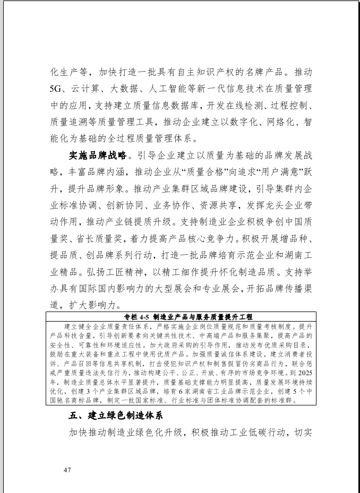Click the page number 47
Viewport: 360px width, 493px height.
point(67,470)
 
